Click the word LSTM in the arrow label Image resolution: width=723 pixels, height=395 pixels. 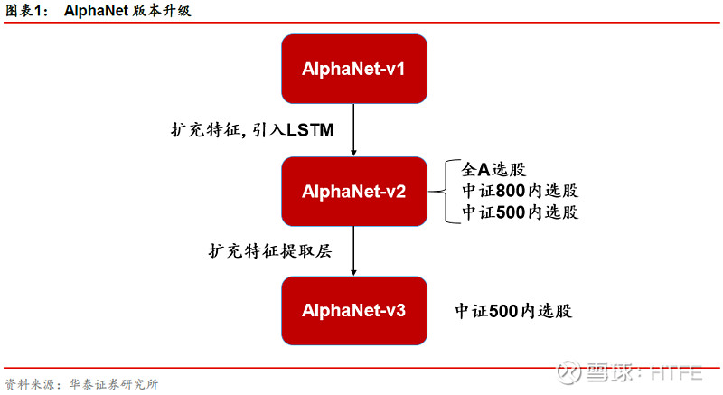[311, 130]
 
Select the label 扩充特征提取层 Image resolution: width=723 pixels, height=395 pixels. [268, 251]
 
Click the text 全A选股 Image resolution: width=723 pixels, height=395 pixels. [494, 170]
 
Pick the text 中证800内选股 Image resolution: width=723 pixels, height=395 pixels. [520, 192]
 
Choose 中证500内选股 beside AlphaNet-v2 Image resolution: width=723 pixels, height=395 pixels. [520, 212]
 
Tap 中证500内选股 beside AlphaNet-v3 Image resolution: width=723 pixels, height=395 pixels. [513, 311]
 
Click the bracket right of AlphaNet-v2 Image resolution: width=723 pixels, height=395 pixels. [440, 192]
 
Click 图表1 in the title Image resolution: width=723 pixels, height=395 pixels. [23, 11]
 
